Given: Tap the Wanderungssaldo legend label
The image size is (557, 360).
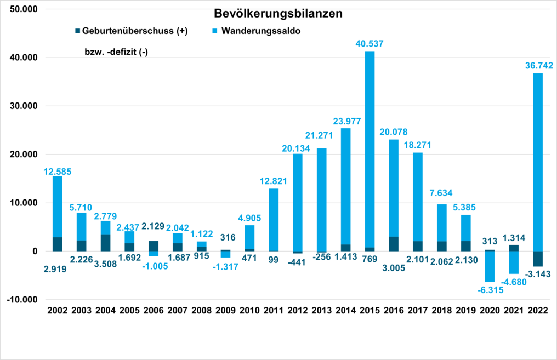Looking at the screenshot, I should pyautogui.click(x=261, y=31).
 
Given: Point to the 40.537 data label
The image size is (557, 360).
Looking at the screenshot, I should pyautogui.click(x=370, y=43).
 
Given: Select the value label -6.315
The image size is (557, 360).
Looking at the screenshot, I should pyautogui.click(x=490, y=289).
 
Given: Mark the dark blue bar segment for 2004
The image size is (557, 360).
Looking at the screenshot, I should pyautogui.click(x=105, y=243).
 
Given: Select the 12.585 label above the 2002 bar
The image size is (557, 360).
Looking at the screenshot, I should pyautogui.click(x=58, y=172).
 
